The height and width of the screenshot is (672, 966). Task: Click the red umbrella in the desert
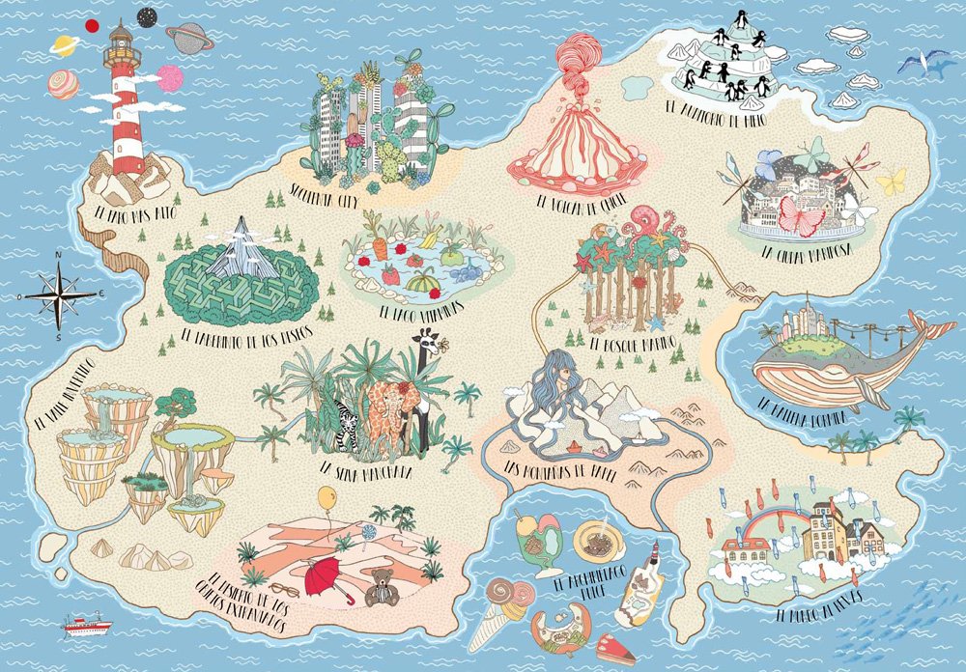327,577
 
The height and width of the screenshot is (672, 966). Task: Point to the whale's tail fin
930,333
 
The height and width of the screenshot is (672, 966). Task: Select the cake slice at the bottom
614,652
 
